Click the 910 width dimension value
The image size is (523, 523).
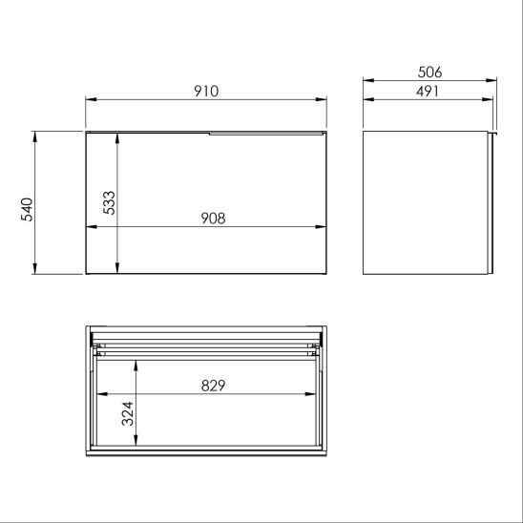pos(206,91)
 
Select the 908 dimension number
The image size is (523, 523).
pos(212,218)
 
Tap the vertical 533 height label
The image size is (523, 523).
pos(109,203)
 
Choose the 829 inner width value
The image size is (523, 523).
pos(212,386)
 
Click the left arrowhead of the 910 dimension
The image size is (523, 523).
pos(90,98)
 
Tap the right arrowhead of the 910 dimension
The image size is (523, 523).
pos(324,98)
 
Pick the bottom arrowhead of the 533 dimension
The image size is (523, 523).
pos(116,270)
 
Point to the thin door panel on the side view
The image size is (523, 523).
pos(491,204)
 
